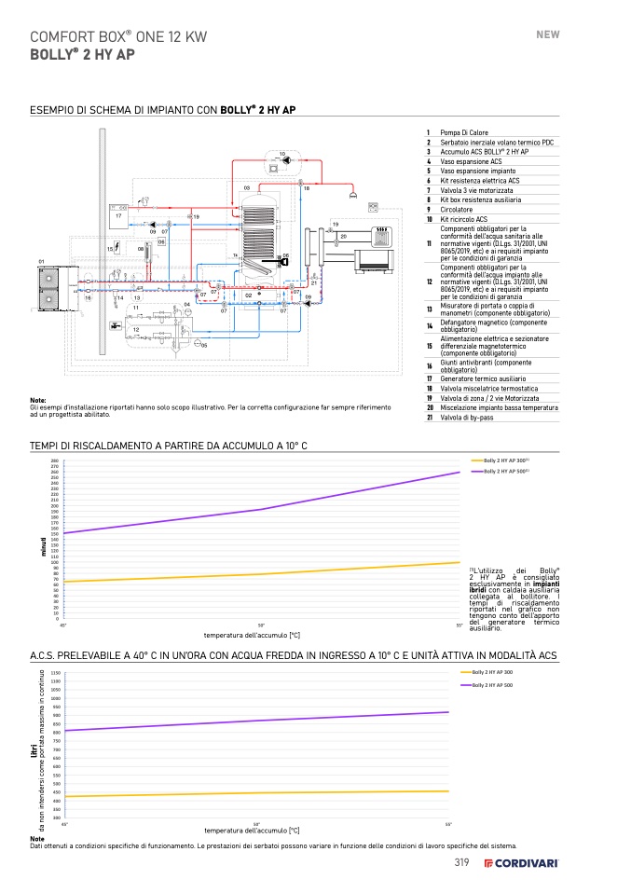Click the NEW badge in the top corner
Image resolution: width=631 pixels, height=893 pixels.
[x=548, y=34]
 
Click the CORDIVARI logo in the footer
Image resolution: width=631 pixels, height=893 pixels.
[x=521, y=863]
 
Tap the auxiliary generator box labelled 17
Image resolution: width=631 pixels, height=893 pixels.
[x=118, y=213]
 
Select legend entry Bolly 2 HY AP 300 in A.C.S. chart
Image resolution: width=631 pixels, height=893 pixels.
[x=493, y=672]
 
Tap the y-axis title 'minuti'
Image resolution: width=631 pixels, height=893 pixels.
[x=43, y=545]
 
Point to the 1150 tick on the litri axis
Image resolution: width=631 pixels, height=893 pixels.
[x=55, y=673]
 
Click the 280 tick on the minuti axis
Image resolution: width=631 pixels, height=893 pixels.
[x=54, y=461]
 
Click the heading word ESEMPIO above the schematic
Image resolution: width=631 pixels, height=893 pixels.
[x=51, y=110]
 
